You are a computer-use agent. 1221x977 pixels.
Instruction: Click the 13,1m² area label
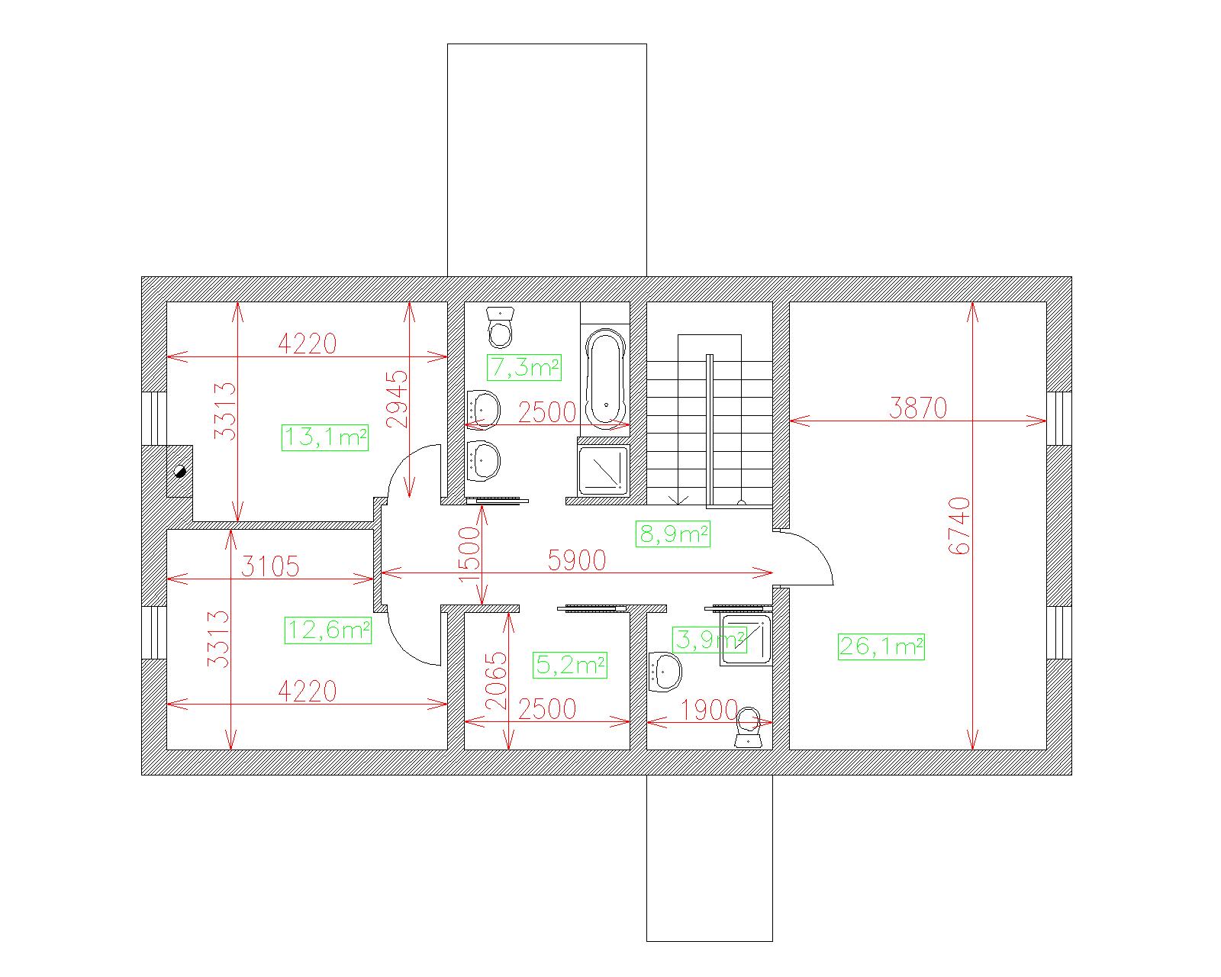(325, 437)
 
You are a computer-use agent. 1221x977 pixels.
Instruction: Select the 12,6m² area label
(328, 630)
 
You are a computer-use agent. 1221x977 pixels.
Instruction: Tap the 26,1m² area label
(881, 646)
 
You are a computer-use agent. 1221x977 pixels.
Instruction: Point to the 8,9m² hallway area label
(673, 534)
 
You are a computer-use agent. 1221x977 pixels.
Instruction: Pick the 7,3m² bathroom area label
(524, 367)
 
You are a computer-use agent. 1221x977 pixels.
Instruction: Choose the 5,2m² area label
(569, 665)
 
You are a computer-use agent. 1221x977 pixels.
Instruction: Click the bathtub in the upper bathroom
(606, 379)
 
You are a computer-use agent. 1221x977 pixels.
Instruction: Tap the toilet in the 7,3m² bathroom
(501, 327)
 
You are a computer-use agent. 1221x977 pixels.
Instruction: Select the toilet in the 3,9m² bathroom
(748, 727)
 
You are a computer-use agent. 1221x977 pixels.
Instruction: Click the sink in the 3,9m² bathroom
(665, 672)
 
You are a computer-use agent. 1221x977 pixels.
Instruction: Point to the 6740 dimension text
(959, 526)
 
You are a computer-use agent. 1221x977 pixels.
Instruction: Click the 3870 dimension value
(918, 408)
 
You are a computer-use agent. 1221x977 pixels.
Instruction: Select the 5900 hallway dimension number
(576, 561)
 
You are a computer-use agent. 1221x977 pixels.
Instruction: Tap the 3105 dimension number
(270, 566)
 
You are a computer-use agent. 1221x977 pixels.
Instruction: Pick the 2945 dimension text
(397, 399)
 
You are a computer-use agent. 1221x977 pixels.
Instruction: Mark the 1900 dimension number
(709, 710)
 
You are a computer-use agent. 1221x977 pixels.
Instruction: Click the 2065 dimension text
(496, 681)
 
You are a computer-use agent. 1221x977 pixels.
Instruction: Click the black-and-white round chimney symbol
(180, 471)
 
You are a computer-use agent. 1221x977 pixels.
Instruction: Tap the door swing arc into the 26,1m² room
(820, 547)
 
